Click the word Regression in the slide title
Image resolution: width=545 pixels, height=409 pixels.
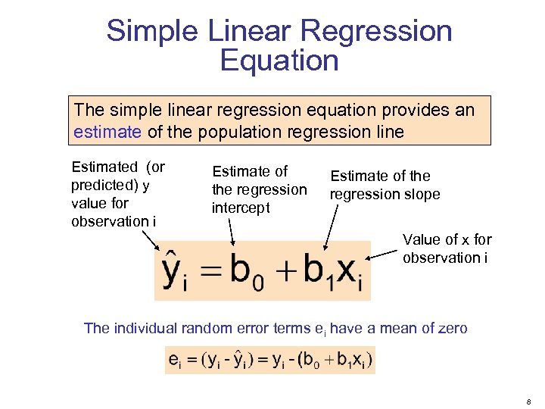(376, 32)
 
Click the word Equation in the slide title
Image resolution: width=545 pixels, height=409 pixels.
(279, 61)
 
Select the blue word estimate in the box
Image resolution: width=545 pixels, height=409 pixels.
(107, 132)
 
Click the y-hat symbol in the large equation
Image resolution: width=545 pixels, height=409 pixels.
(174, 270)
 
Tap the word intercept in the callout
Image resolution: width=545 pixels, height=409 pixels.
(241, 208)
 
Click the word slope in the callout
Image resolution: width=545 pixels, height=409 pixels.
(421, 195)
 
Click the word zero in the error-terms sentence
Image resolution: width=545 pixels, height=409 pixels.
(452, 328)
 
